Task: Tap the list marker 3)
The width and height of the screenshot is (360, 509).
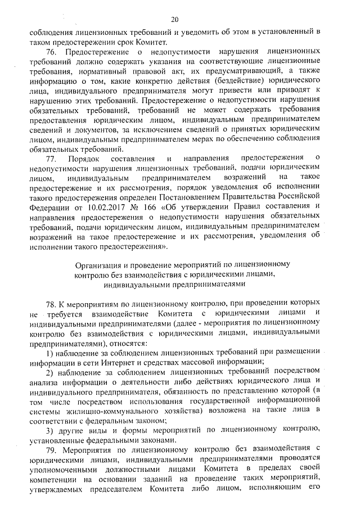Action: pos(49,430)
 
